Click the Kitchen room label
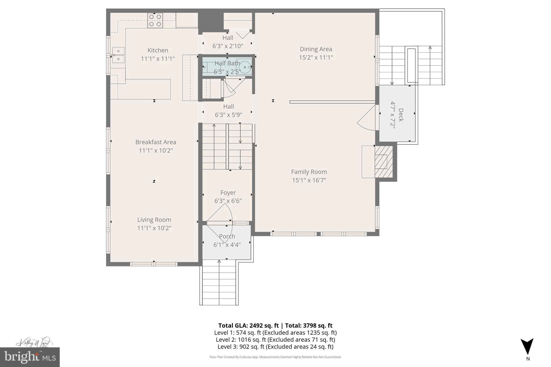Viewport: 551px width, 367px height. tap(158, 50)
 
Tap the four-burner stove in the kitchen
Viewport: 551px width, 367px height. tap(155, 20)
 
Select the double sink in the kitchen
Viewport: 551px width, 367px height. tap(118, 55)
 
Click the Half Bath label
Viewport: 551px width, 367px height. tap(227, 63)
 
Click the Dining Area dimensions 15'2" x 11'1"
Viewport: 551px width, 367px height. tap(316, 58)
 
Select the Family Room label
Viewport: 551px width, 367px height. tap(309, 172)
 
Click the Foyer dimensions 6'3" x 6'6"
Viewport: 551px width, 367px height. tap(228, 201)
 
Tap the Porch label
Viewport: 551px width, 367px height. tap(227, 236)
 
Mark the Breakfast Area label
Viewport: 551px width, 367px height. tap(156, 142)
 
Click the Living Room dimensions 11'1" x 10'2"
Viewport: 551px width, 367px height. tap(154, 228)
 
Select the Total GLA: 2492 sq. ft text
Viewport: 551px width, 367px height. tap(248, 326)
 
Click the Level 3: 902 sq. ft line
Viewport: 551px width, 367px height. tap(275, 347)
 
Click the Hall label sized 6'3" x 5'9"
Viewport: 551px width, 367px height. tap(228, 106)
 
